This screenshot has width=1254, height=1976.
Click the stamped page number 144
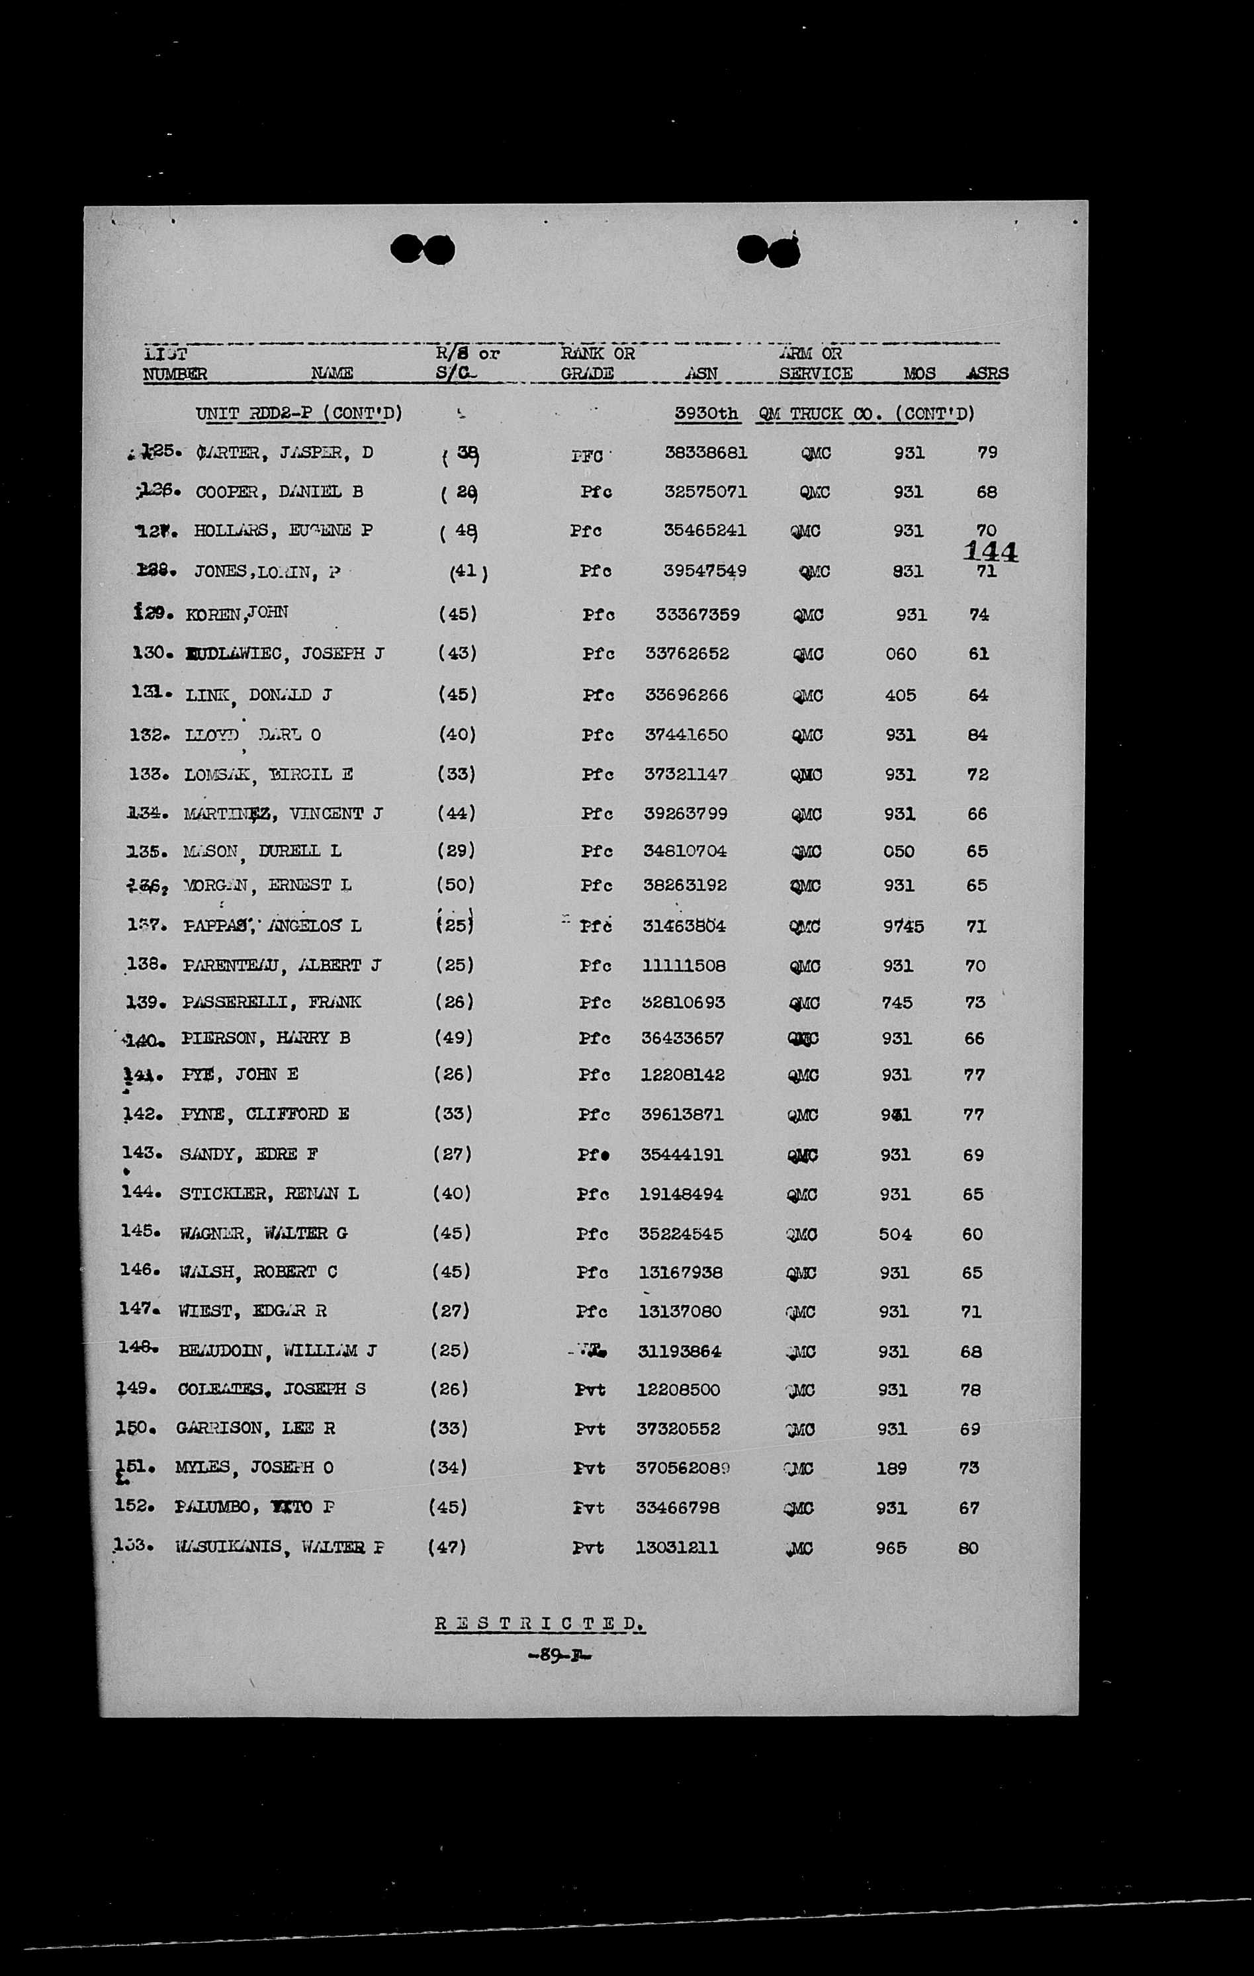click(x=991, y=551)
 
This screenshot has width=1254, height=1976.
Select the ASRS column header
click(x=987, y=373)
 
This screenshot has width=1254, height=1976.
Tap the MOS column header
click(x=919, y=373)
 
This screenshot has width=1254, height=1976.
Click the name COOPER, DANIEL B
click(x=279, y=492)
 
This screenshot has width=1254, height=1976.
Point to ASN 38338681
click(x=706, y=452)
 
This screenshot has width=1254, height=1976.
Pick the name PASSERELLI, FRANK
click(x=272, y=1002)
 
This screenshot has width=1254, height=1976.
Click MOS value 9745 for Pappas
click(x=903, y=926)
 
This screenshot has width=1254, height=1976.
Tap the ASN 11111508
click(x=684, y=966)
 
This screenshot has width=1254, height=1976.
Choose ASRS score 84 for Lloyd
click(x=977, y=735)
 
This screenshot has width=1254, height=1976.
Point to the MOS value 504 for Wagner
click(x=895, y=1234)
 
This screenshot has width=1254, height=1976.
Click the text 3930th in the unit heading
click(x=706, y=414)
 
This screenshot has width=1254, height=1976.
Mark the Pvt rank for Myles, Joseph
click(x=589, y=1468)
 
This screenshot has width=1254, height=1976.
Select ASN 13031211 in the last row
click(x=677, y=1548)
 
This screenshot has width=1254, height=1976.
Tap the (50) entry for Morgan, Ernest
click(x=455, y=885)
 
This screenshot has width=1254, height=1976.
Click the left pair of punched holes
click(x=423, y=249)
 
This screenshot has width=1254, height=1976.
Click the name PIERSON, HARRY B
click(x=266, y=1038)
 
